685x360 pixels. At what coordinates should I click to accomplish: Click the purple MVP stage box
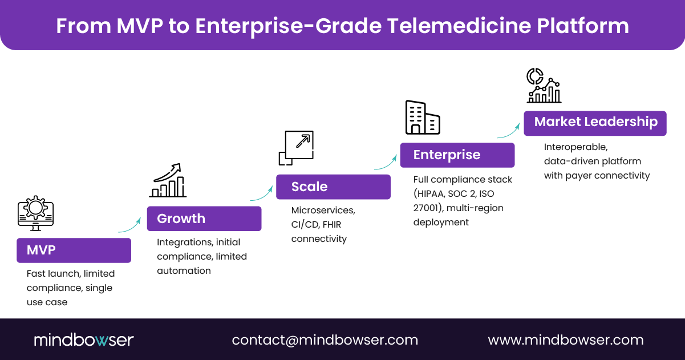74,250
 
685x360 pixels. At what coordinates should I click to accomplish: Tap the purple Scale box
333,187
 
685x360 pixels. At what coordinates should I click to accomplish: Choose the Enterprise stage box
457,155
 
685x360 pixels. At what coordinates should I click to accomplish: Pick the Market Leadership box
595,123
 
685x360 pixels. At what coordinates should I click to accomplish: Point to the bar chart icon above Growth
168,181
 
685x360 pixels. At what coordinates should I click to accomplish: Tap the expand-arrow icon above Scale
296,148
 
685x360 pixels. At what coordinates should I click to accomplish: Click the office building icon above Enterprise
422,117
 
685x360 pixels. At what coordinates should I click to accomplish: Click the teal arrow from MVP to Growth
130,225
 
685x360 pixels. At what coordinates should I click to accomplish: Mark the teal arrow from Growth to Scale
262,193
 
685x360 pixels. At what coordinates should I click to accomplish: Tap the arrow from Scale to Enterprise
386,162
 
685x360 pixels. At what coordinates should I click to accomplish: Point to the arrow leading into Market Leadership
509,130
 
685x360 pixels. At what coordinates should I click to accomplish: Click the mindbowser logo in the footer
83,340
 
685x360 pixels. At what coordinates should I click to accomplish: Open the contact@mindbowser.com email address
325,340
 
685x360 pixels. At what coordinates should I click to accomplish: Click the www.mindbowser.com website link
565,340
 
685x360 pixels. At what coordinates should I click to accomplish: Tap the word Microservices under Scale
323,211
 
